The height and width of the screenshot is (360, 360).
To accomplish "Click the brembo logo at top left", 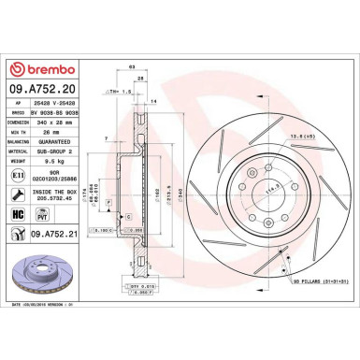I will [x=37, y=72].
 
